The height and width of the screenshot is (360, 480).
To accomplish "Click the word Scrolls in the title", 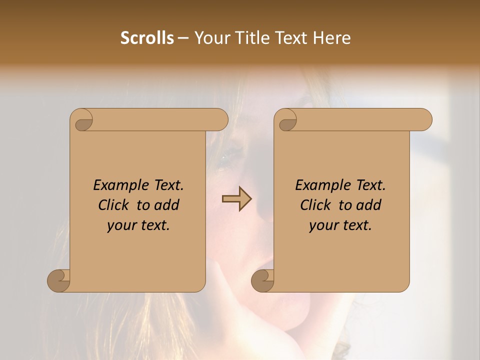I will click(147, 38).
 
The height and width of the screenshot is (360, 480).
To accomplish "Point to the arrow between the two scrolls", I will click(236, 199).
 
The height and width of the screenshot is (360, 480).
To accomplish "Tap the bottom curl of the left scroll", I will click(59, 280).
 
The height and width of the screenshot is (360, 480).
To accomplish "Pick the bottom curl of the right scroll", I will click(263, 280).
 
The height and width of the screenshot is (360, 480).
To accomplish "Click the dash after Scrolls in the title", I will click(183, 38).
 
